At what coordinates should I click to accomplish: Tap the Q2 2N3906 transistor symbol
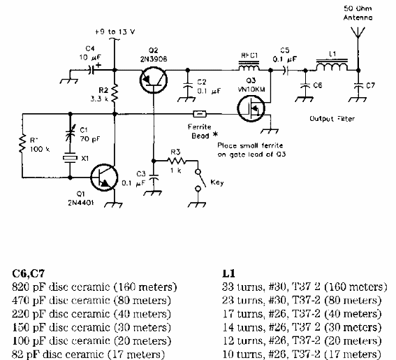click(x=153, y=82)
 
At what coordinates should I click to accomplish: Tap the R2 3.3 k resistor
click(x=116, y=92)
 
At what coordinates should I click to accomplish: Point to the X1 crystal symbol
click(x=68, y=159)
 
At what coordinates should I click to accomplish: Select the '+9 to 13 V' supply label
click(x=116, y=31)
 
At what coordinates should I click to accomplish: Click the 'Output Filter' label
click(x=330, y=118)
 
